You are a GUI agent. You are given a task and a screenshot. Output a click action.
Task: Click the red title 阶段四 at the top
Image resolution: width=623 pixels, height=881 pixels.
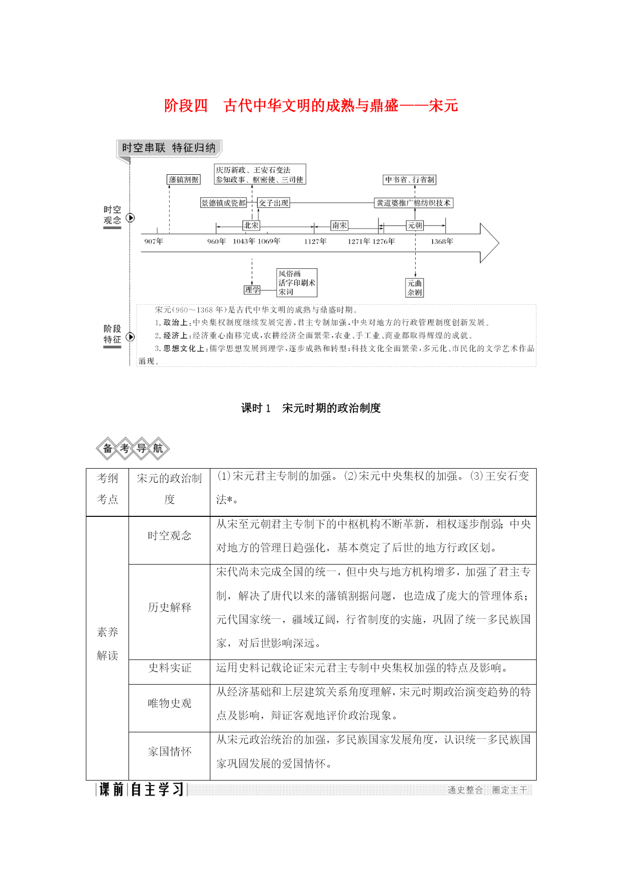[x=186, y=106]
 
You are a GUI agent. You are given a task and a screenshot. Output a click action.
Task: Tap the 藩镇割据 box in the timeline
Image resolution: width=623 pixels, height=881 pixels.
[x=184, y=179]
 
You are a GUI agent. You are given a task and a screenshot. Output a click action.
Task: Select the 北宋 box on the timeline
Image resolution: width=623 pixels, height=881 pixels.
[x=251, y=226]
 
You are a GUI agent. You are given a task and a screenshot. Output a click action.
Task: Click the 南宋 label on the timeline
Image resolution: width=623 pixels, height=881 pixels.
[x=339, y=226]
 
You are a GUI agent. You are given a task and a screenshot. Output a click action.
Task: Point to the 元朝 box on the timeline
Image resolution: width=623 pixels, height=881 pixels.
[x=415, y=226]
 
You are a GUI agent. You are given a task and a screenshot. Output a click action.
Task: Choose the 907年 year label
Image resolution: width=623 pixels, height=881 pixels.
[x=154, y=242]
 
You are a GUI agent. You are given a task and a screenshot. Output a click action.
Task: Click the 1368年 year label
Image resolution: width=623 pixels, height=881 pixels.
[x=442, y=242]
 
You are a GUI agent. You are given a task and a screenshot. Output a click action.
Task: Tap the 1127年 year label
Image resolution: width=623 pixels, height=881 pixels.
[x=315, y=242]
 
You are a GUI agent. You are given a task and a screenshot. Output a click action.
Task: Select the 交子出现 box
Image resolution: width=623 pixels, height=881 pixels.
[x=274, y=203]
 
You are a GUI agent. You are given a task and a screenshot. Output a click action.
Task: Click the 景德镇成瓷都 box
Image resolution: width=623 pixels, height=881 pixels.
[x=223, y=203]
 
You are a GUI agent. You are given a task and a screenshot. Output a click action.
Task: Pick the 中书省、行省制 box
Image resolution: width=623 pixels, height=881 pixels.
[x=410, y=179]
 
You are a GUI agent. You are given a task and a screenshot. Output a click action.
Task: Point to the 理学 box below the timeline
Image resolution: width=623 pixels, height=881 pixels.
[x=252, y=290]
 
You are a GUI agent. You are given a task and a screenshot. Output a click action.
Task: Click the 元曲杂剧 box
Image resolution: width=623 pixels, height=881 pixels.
[x=415, y=288]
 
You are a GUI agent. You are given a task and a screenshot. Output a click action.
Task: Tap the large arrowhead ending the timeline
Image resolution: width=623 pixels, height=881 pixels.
[x=489, y=243]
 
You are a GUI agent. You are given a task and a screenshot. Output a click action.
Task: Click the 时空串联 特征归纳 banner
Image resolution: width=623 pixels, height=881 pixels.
[x=169, y=148]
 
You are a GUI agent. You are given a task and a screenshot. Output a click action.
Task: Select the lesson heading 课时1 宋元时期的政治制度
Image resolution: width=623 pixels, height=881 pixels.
[x=311, y=408]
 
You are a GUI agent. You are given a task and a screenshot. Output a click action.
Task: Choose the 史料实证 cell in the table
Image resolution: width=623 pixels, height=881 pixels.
[x=170, y=668]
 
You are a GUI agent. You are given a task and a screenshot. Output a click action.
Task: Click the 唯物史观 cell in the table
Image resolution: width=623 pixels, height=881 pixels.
[x=170, y=704]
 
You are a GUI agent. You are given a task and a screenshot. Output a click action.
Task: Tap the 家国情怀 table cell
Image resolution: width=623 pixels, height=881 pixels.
[x=170, y=752]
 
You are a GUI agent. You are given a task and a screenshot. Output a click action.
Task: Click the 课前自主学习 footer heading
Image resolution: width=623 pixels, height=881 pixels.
[x=142, y=790]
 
